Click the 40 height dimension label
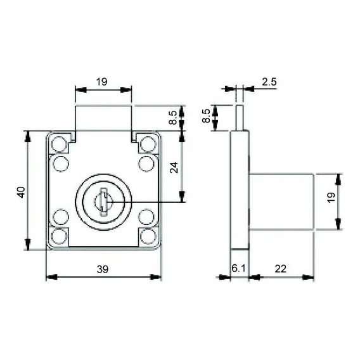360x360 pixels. click(x=21, y=193)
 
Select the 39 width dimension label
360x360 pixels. click(x=103, y=269)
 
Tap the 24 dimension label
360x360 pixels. click(x=174, y=167)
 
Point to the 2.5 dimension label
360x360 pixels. click(x=269, y=82)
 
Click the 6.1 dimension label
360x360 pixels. click(x=238, y=268)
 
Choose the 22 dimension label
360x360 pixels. click(x=281, y=269)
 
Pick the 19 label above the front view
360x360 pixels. click(x=101, y=82)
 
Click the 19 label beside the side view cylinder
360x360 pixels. click(x=331, y=198)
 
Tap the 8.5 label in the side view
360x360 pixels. click(x=206, y=116)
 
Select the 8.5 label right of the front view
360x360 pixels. click(x=173, y=117)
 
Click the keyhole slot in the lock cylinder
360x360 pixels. click(x=104, y=202)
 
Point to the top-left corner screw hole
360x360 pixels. click(x=58, y=144)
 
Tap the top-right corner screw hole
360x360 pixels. click(x=148, y=144)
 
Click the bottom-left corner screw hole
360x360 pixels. click(x=58, y=236)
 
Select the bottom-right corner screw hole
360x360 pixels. click(x=148, y=236)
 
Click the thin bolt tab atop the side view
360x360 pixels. click(x=240, y=118)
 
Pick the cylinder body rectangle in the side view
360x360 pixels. click(x=281, y=202)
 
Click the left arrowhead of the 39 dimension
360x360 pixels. click(x=52, y=277)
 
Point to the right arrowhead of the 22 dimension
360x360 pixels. click(x=308, y=278)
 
